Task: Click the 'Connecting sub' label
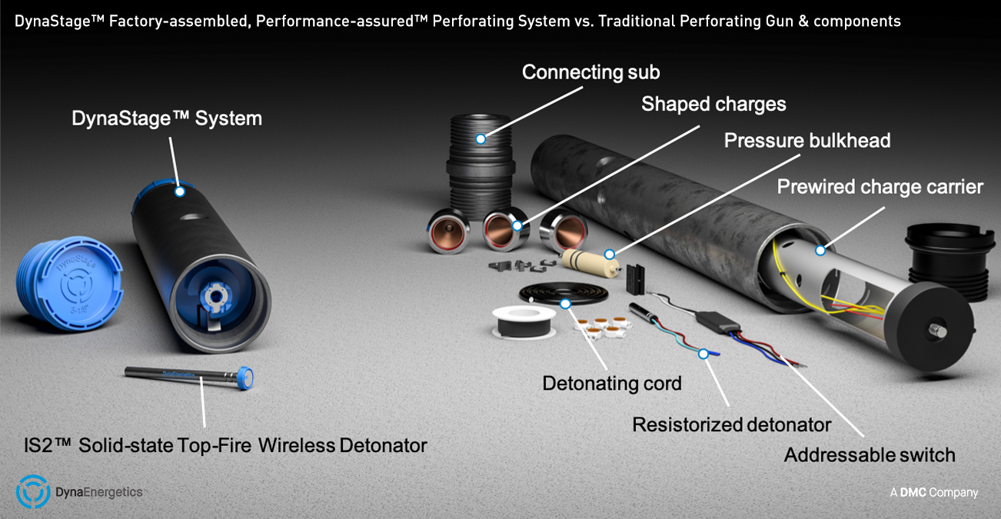click(x=590, y=72)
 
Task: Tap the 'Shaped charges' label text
click(x=713, y=104)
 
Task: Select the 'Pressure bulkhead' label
click(x=807, y=141)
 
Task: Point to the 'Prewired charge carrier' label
click(x=880, y=187)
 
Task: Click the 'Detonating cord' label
click(x=612, y=384)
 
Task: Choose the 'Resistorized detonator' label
click(x=732, y=424)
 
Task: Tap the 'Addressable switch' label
click(x=870, y=455)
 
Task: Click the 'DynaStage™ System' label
click(x=167, y=118)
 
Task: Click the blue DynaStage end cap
click(x=69, y=284)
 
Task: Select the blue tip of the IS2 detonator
click(x=245, y=378)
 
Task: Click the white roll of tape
click(x=524, y=322)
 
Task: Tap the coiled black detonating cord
click(x=564, y=293)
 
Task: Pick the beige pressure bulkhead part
click(x=590, y=263)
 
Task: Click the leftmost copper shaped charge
click(x=447, y=231)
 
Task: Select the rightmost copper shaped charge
click(x=564, y=231)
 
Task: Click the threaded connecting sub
click(x=480, y=165)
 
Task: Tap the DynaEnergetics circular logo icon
click(x=32, y=492)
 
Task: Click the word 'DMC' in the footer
click(x=913, y=493)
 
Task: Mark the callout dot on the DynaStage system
click(x=180, y=191)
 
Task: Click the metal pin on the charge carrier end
click(x=937, y=331)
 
